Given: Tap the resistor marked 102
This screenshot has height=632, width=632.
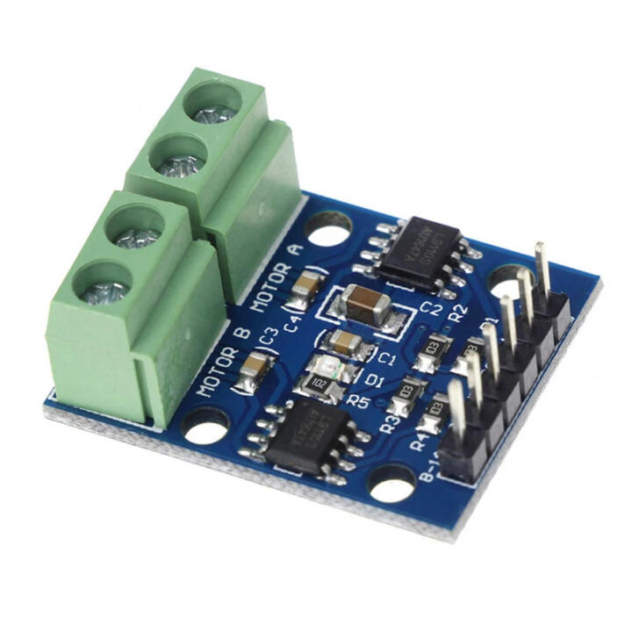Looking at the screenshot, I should click(319, 382).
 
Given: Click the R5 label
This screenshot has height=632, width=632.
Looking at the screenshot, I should click(357, 400).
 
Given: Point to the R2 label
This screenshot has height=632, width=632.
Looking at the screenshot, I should click(456, 315).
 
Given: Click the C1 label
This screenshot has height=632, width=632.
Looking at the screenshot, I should click(386, 357).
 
